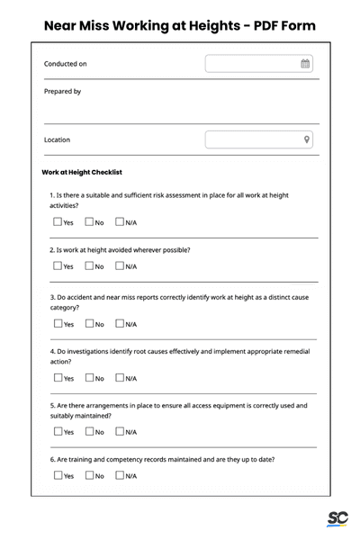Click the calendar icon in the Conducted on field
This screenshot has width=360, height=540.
[x=305, y=64]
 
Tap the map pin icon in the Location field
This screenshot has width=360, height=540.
[x=306, y=139]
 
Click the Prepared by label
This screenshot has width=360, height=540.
[x=62, y=92]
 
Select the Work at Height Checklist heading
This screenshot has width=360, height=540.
[x=82, y=172]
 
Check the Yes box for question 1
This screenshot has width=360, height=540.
[x=58, y=221]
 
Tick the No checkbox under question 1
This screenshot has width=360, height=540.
[x=89, y=221]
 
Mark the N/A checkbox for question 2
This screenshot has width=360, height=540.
[x=120, y=265]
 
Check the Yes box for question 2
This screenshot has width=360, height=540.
[x=58, y=265]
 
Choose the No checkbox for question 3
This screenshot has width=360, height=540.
[x=89, y=323]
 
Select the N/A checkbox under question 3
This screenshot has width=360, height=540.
[x=120, y=323]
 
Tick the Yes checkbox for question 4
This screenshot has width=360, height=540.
[x=58, y=378]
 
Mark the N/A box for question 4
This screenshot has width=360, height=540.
[x=120, y=378]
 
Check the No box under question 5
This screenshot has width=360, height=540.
[x=89, y=431]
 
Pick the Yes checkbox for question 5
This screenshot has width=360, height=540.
[x=58, y=431]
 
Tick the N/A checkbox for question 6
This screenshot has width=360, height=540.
[x=120, y=475]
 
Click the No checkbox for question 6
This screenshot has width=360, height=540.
[x=89, y=475]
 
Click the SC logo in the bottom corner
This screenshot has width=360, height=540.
[x=337, y=518]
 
